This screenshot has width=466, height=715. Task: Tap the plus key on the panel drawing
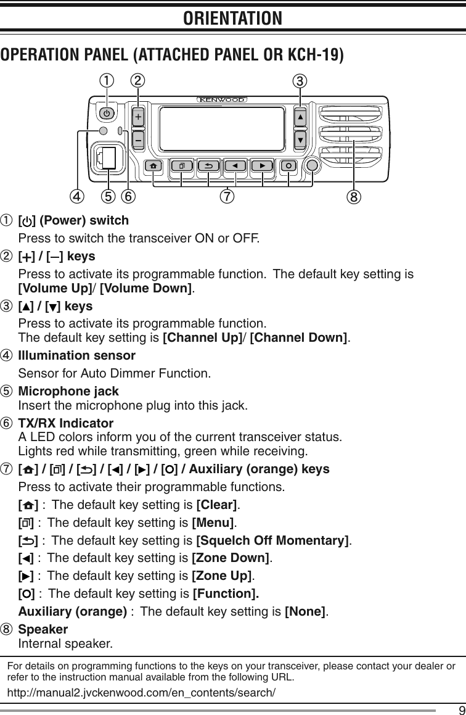tap(138, 117)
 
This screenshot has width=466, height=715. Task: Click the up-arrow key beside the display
tap(300, 117)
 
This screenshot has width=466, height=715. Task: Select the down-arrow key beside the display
tap(300, 139)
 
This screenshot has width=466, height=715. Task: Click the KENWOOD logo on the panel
tap(222, 99)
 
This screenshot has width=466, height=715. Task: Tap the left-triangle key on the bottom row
tap(234, 166)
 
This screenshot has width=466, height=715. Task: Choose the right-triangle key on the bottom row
tap(262, 166)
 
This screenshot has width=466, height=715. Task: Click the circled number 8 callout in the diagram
tap(356, 198)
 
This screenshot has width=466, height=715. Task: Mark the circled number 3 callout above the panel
tap(300, 80)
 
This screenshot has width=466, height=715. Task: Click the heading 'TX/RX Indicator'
tap(66, 424)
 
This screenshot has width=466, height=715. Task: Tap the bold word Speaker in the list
tap(43, 630)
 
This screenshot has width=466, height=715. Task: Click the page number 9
tap(454, 708)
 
